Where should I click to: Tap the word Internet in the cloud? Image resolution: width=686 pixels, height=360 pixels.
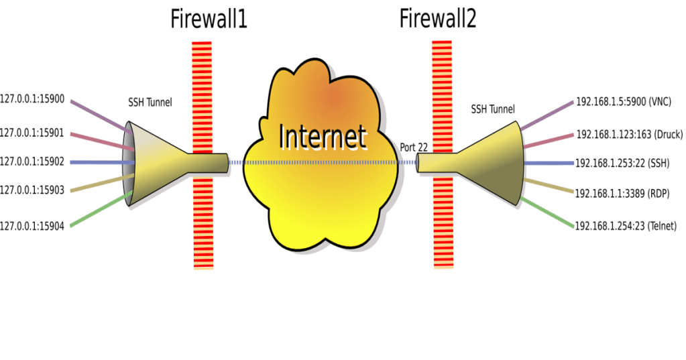tap(323, 135)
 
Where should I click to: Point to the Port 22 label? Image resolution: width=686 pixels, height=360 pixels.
tap(414, 147)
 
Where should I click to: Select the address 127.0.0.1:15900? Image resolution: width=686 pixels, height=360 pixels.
tap(32, 99)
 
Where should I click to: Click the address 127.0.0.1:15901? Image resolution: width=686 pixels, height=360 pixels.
tap(32, 133)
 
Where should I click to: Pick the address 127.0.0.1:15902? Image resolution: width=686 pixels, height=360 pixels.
tap(32, 162)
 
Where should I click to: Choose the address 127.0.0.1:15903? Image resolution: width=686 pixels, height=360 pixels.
tap(32, 190)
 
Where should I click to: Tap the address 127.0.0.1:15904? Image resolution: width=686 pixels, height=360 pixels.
tap(32, 227)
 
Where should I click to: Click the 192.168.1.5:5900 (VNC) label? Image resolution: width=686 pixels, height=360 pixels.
tap(624, 102)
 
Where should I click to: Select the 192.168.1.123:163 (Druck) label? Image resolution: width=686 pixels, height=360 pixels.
tap(629, 135)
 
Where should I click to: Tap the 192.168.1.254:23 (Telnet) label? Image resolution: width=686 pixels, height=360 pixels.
tap(626, 226)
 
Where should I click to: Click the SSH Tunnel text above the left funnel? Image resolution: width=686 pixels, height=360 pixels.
tap(150, 103)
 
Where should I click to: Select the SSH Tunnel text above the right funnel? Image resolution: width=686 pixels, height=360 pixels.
tap(493, 109)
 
